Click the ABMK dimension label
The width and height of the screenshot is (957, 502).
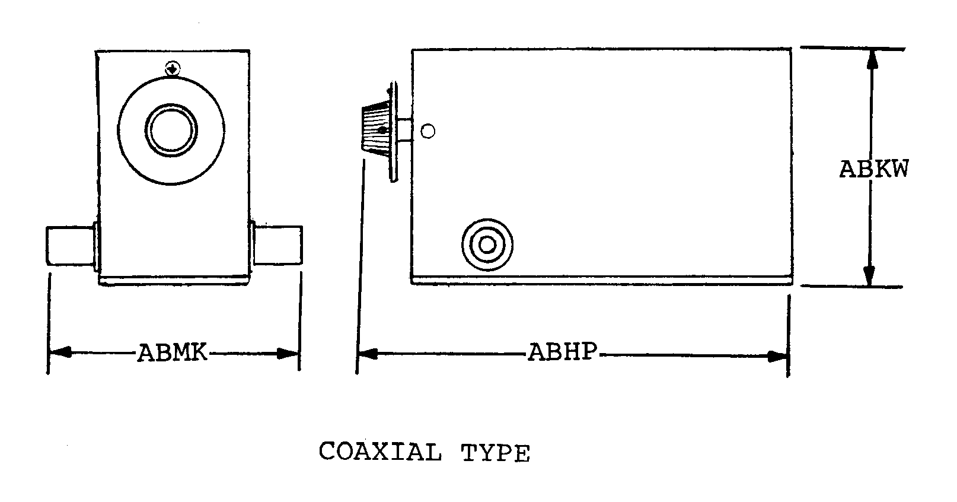click(173, 353)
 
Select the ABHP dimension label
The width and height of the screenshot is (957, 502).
click(563, 353)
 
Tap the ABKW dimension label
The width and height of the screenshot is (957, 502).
click(873, 170)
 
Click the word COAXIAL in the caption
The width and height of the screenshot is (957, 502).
click(379, 452)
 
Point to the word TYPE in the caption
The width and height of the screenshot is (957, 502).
click(495, 453)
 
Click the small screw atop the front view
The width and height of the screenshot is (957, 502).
click(172, 69)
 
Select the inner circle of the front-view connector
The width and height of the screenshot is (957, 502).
click(171, 131)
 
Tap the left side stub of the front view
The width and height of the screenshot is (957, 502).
click(70, 245)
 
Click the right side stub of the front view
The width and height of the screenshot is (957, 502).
click(277, 245)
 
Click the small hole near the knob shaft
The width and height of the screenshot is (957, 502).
click(428, 131)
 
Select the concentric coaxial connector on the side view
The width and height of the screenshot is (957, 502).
click(487, 244)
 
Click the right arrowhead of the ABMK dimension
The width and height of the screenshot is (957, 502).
click(289, 354)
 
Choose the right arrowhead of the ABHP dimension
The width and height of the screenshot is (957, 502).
click(777, 356)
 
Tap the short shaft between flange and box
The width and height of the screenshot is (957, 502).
click(405, 131)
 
